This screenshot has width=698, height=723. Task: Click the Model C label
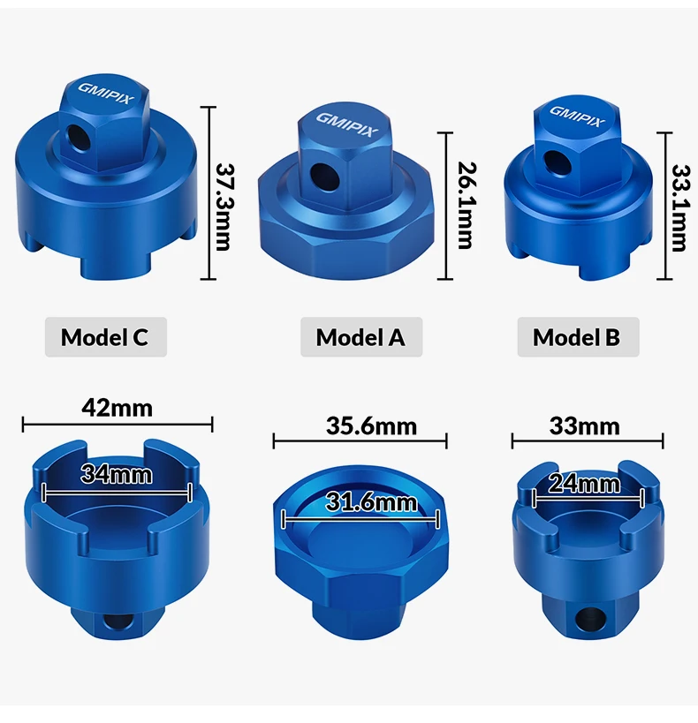(x=105, y=337)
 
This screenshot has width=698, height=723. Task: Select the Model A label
(x=361, y=337)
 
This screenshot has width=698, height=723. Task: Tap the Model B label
(x=578, y=337)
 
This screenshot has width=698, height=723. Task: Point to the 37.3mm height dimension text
(x=224, y=206)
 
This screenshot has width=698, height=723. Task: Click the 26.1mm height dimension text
(x=467, y=205)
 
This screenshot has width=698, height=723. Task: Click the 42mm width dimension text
(x=117, y=408)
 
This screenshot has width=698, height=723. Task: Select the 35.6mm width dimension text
(x=371, y=426)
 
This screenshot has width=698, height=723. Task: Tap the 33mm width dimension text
(x=584, y=426)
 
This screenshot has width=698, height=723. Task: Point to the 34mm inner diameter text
(x=117, y=474)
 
